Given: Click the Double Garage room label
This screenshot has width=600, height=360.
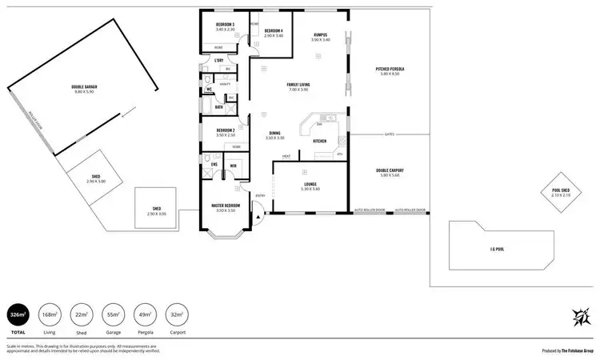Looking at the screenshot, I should (x=83, y=89).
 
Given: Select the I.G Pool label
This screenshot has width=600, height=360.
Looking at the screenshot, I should (x=497, y=249).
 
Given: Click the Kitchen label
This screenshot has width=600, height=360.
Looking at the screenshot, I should (x=319, y=141).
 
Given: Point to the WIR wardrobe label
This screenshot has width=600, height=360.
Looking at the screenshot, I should (x=233, y=166).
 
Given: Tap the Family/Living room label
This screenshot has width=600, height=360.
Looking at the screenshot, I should (x=298, y=86).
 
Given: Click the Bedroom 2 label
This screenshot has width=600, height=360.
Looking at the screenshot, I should (x=225, y=132).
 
